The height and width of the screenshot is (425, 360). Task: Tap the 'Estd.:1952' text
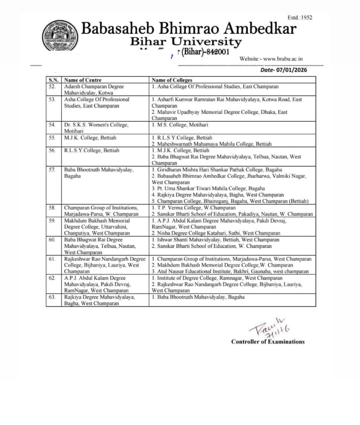coord(300,18)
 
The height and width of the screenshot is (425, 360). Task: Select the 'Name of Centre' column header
coord(83,80)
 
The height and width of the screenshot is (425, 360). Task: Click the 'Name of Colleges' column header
coord(172,80)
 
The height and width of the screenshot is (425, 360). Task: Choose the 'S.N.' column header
coord(53,80)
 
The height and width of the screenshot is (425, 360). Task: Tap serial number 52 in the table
coord(52,87)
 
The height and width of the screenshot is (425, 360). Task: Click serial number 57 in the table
coord(52,170)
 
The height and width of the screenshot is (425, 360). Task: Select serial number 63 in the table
coord(52,297)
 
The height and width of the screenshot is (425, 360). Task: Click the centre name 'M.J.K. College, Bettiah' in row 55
coord(90,138)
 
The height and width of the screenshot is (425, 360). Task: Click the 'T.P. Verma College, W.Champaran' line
coord(194,208)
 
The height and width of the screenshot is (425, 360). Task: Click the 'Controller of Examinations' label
coord(268,342)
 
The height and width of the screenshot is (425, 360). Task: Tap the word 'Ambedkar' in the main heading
coord(260,29)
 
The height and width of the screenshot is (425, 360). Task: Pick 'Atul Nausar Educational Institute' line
coord(230,271)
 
